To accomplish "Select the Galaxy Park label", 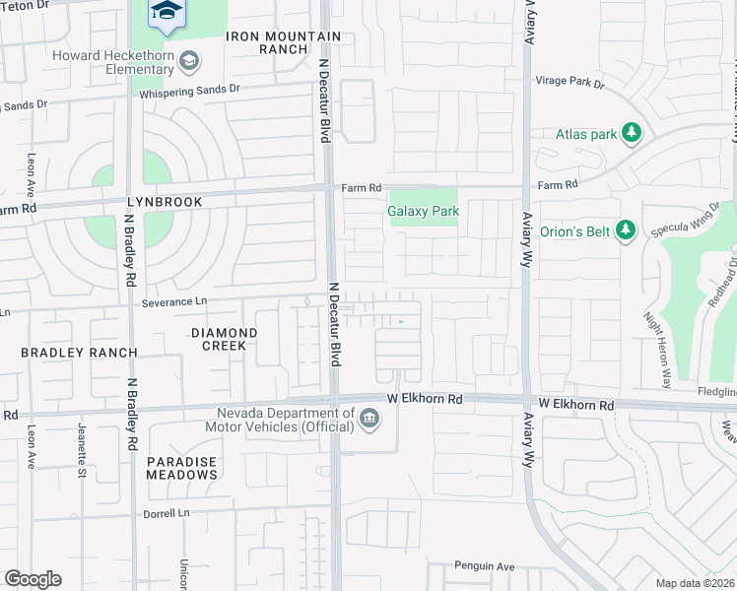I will (x=423, y=211).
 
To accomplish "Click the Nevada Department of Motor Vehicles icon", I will (x=369, y=420).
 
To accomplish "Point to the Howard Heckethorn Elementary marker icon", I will (x=188, y=63).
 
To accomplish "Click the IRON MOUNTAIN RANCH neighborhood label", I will (x=268, y=43).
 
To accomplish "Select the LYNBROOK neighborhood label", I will (x=164, y=202).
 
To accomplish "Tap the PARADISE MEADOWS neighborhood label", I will (x=182, y=468).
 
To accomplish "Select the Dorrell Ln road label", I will (x=167, y=513).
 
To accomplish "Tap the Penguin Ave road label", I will (x=485, y=566).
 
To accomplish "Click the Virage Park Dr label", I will (x=569, y=83).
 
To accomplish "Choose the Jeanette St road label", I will (x=82, y=448).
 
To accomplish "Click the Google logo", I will (x=33, y=578).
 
